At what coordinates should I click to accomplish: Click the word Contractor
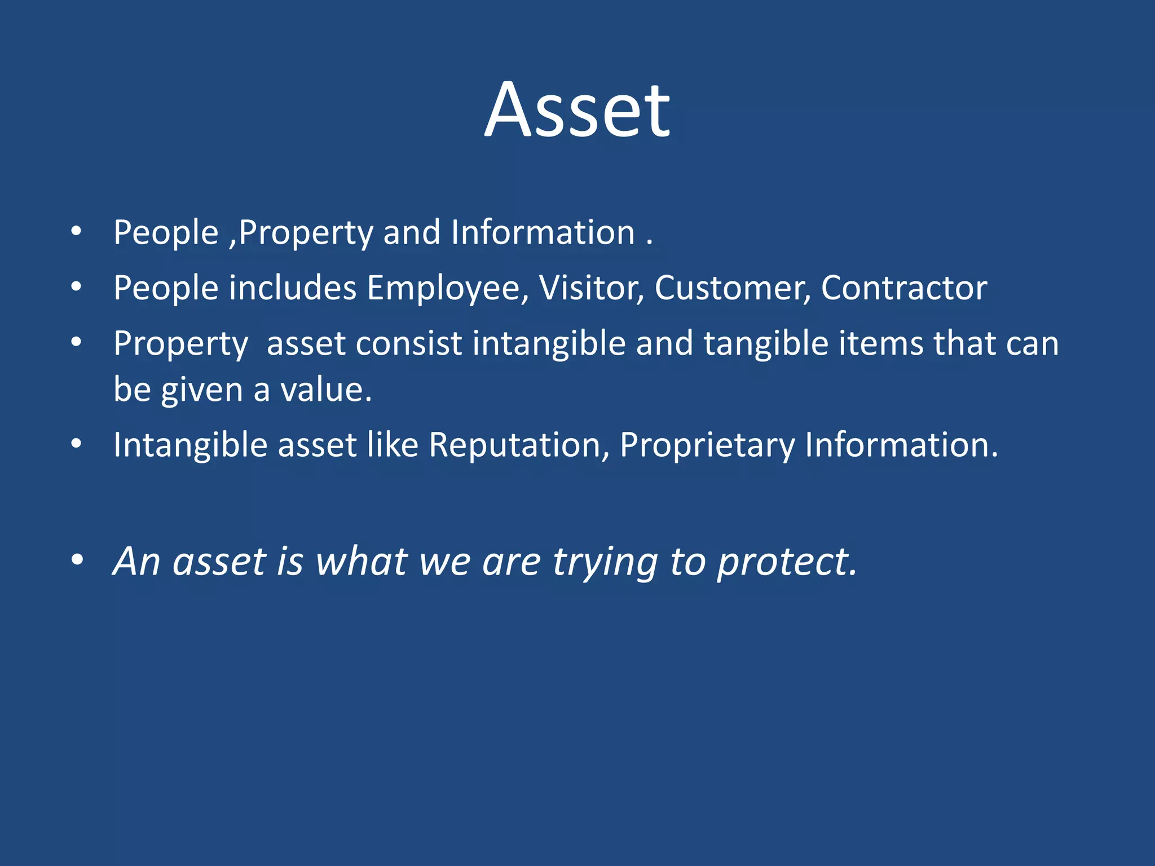[903, 288]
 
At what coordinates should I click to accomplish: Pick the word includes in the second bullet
[293, 288]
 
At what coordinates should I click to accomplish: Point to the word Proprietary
[707, 446]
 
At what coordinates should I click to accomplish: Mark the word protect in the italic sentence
[787, 562]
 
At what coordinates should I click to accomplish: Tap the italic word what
[362, 562]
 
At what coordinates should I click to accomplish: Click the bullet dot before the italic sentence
[77, 560]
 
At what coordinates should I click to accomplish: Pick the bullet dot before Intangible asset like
[77, 444]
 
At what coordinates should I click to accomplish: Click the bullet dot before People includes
[77, 287]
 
